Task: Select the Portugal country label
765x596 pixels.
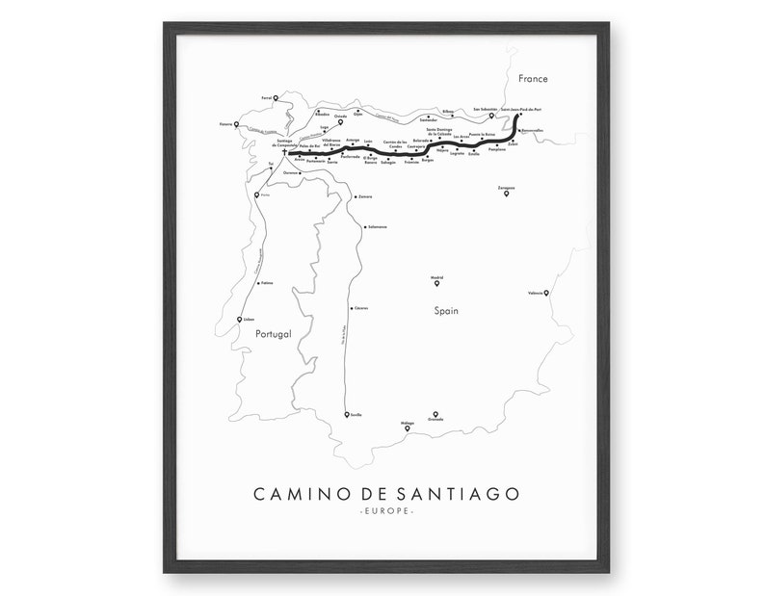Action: pos(273,333)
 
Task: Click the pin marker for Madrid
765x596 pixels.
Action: pos(436,282)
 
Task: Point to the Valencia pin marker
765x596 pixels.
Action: pos(546,292)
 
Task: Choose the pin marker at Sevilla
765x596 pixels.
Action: pos(347,414)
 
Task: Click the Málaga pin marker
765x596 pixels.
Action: pos(407,428)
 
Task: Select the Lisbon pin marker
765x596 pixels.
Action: pos(239,320)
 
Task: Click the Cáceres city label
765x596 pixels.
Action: pos(361,308)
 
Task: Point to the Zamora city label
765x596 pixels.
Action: pos(364,196)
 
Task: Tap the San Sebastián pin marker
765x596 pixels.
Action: pos(491,116)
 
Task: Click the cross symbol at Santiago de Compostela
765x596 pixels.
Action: pos(285,151)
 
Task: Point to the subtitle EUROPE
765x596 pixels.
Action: pos(385,511)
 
